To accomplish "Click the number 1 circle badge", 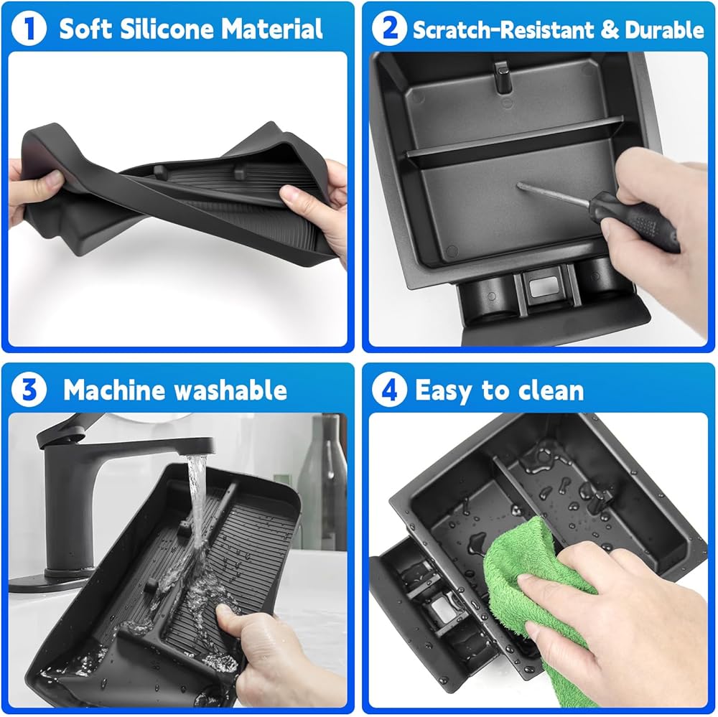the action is [x=29, y=28].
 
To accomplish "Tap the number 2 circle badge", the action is [x=388, y=28].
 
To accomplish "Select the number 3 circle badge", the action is [x=29, y=389].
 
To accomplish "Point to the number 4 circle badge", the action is [x=388, y=389].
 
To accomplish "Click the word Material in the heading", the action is [x=272, y=29].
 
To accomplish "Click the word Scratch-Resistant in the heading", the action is [x=503, y=29].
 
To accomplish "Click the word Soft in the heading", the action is [x=85, y=29].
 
